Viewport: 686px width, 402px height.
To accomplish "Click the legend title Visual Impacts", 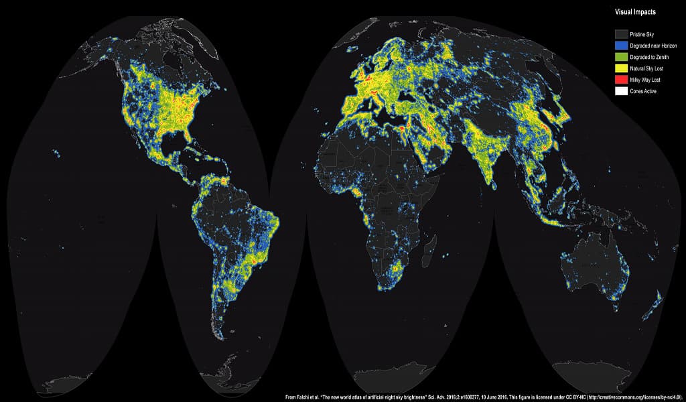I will (636, 11).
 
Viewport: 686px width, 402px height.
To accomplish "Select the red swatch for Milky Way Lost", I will (622, 79).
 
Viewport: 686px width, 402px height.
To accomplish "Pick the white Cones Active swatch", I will (622, 90).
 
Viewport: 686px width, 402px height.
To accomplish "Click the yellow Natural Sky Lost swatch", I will (622, 68).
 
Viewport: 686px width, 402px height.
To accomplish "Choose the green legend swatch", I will (622, 56).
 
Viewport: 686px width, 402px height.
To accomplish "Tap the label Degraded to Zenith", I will (650, 56).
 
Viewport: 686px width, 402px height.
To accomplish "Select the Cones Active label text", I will (646, 90).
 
